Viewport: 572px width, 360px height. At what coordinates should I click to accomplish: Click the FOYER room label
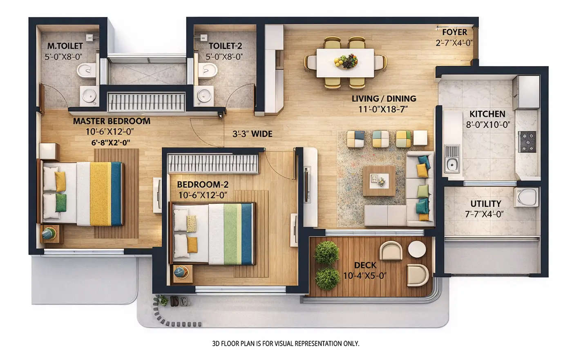(x=454, y=32)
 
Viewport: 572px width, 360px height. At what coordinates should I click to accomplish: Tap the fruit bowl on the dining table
(x=346, y=61)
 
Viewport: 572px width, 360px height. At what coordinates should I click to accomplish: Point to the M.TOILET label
(x=65, y=46)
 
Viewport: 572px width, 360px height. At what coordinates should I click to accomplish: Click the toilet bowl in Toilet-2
(x=207, y=70)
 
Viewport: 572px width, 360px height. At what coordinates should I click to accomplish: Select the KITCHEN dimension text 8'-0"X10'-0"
(x=488, y=125)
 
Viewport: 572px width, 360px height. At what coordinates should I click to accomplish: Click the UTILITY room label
(x=485, y=203)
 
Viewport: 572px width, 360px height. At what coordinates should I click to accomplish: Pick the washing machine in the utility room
(x=527, y=197)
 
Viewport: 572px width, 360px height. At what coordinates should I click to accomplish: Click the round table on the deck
(x=417, y=249)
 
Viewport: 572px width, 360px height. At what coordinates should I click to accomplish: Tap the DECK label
(x=365, y=266)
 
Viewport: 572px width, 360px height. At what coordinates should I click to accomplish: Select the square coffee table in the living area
(x=379, y=181)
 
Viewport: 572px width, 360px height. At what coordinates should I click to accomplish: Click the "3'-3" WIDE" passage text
(x=252, y=134)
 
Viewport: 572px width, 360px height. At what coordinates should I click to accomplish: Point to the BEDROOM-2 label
(x=203, y=185)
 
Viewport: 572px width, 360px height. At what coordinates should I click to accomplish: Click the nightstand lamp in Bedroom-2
(x=181, y=271)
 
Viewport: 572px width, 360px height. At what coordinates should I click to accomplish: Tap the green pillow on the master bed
(x=61, y=203)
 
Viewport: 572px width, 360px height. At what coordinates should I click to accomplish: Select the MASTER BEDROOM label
(x=112, y=121)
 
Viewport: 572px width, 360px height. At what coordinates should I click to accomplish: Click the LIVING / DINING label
(x=384, y=98)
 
